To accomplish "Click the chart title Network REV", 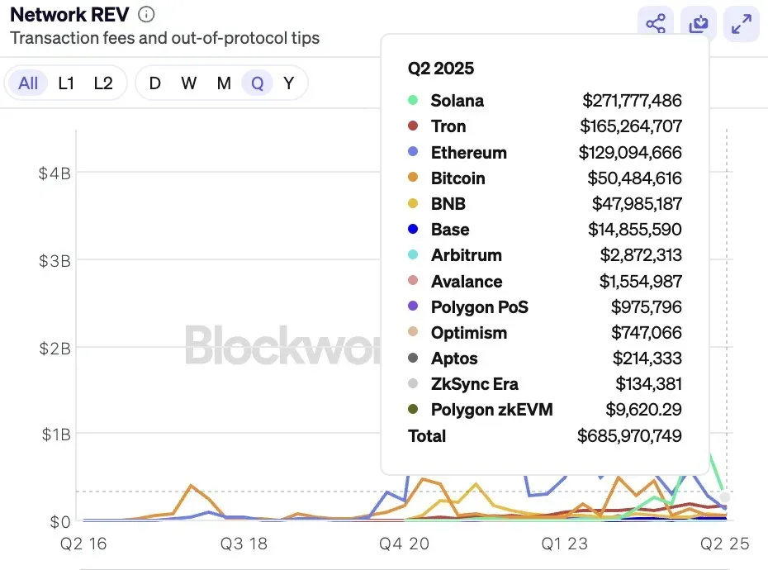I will pyautogui.click(x=69, y=15).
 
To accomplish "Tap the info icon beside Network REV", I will pyautogui.click(x=146, y=15).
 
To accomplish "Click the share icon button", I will pyautogui.click(x=656, y=24).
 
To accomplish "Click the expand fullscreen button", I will pyautogui.click(x=742, y=24).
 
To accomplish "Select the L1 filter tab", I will pyautogui.click(x=67, y=83).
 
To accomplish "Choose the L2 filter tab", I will pyautogui.click(x=103, y=83).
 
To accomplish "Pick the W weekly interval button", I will pyautogui.click(x=189, y=83).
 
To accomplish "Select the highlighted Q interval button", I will pyautogui.click(x=258, y=83).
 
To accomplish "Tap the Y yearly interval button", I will pyautogui.click(x=289, y=83).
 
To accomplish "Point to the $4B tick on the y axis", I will pyautogui.click(x=55, y=173).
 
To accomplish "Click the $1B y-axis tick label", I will pyautogui.click(x=55, y=435).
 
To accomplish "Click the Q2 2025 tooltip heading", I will pyautogui.click(x=441, y=69).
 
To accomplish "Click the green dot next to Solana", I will pyautogui.click(x=413, y=101).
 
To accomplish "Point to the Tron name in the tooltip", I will pyautogui.click(x=448, y=126).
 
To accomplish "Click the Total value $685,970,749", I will pyautogui.click(x=629, y=436).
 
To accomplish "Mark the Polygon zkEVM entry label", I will pyautogui.click(x=491, y=410).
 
